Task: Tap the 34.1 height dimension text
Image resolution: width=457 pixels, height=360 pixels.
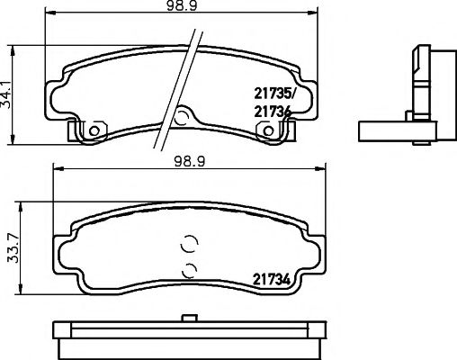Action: [x=10, y=92]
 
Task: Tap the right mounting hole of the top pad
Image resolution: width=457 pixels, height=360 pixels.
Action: [x=268, y=131]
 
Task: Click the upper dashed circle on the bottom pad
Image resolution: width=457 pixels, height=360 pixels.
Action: [x=188, y=244]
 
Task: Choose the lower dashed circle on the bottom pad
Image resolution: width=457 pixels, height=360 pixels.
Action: [x=188, y=269]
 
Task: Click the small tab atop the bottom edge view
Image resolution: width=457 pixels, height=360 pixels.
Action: [x=189, y=317]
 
